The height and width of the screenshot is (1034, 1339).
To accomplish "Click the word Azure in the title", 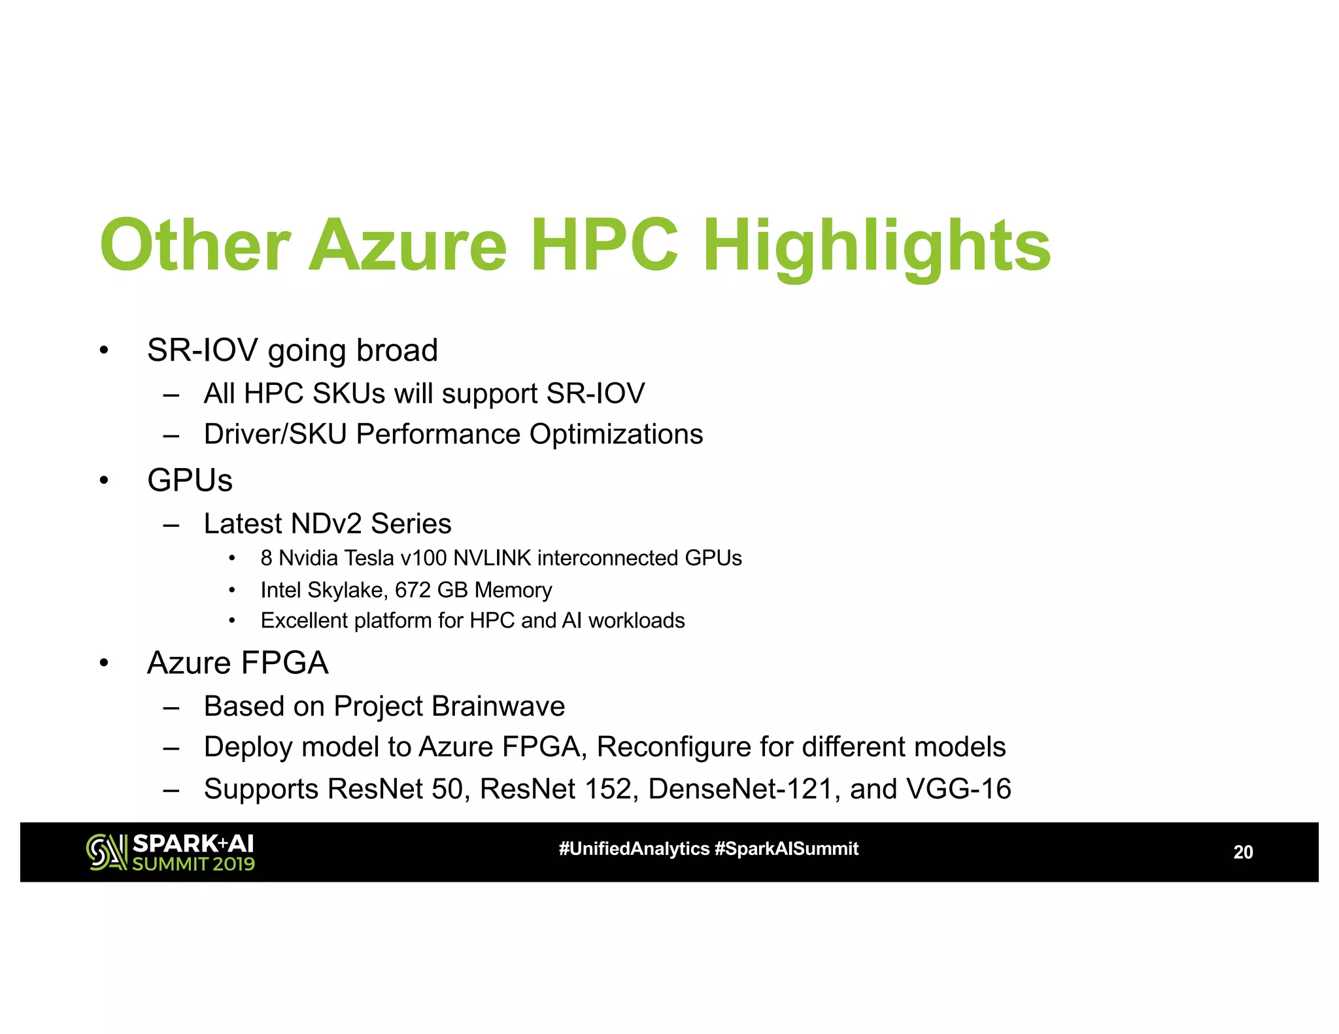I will pyautogui.click(x=407, y=246).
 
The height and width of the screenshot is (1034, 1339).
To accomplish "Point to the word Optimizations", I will pyautogui.click(x=616, y=434).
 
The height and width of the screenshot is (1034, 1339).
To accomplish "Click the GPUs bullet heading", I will pyautogui.click(x=190, y=480).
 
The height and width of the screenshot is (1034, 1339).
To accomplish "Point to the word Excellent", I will pyautogui.click(x=303, y=620).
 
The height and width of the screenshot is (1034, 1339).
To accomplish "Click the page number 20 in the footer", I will pyautogui.click(x=1242, y=852).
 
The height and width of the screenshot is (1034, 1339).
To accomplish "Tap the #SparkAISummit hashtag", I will pyautogui.click(x=787, y=849).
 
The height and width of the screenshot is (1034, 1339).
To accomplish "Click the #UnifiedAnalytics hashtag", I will pyautogui.click(x=634, y=849).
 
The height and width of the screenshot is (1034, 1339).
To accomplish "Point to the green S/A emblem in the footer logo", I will pyautogui.click(x=107, y=852).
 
